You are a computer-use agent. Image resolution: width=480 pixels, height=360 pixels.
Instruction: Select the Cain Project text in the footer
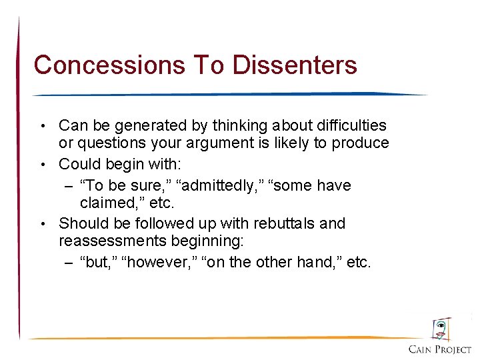440,349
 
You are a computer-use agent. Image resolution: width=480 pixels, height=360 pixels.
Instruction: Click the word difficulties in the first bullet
346,125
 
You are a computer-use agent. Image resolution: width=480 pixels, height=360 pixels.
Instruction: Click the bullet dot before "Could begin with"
43,164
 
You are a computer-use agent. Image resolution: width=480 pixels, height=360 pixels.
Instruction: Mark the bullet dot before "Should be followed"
43,223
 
